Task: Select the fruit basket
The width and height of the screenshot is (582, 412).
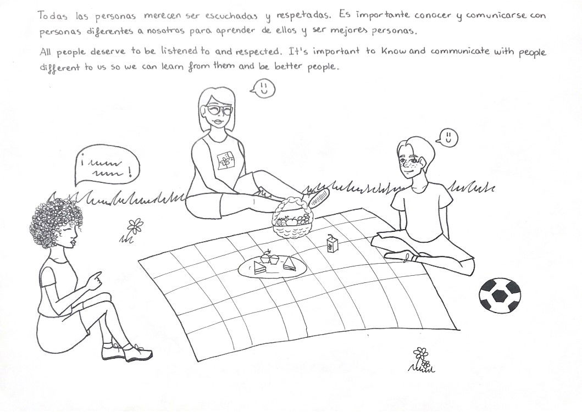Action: coord(293,219)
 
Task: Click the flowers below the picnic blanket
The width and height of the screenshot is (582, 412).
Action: coord(422,360)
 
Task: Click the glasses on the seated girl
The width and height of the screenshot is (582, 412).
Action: coord(218,110)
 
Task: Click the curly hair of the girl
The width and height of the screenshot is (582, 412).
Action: coord(56,222)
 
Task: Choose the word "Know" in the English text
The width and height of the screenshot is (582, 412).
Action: coord(393,51)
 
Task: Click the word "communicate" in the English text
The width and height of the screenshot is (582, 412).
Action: coord(460,51)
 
